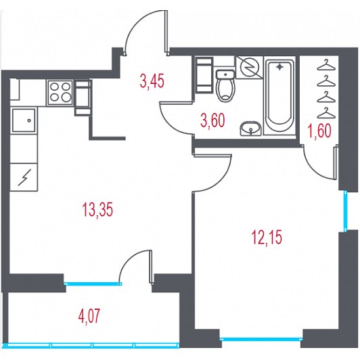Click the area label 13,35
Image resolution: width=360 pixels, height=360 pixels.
pos(97,210)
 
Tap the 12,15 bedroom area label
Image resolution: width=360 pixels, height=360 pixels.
pos(267,237)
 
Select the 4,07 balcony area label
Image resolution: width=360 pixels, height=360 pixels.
pos(89,316)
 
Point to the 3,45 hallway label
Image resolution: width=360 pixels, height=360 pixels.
pos(152,81)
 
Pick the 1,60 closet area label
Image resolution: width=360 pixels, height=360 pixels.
pos(320,131)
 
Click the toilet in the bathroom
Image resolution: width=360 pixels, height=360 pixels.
pos(226,86)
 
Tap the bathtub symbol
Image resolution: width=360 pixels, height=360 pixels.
pos(279,95)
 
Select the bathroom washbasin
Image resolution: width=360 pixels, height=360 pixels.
pos(250,128)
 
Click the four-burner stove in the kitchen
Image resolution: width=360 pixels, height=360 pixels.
pos(60,93)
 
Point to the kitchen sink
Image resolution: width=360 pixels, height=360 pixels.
pos(24,120)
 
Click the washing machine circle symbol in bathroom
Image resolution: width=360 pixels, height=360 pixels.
pos(249,67)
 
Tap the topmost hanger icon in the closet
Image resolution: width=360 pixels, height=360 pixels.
pos(326,65)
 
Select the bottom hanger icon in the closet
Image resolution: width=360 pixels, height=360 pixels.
pos(326,113)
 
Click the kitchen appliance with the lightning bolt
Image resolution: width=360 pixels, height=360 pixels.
pos(24,177)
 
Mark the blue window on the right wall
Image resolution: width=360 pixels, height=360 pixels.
pos(346,210)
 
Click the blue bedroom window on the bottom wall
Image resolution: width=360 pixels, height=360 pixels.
pos(261,338)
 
